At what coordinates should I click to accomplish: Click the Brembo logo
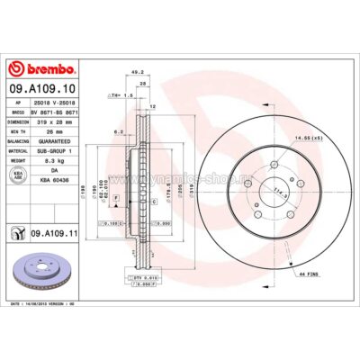42,69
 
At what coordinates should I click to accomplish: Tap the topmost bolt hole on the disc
271,164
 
